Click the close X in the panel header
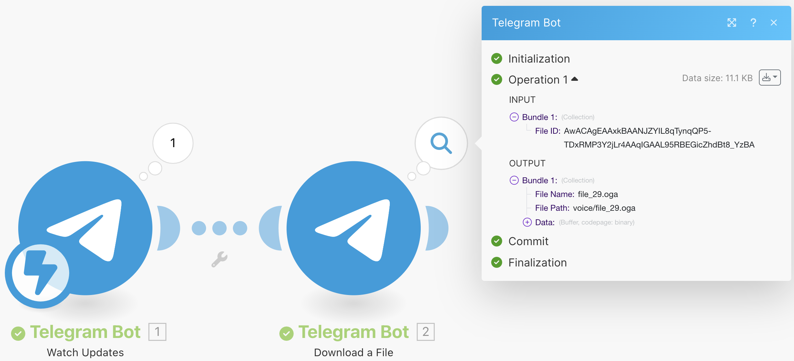774,23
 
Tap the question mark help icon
753,23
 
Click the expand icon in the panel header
732,23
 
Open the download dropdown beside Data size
770,78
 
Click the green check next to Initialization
496,58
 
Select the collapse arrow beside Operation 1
575,79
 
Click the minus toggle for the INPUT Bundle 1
514,117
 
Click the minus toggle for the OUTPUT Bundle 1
514,180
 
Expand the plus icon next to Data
527,222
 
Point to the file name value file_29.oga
598,194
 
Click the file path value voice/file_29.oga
604,208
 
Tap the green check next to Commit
496,241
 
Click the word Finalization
537,263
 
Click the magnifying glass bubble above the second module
441,143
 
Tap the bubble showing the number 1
173,143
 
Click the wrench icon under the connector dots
219,259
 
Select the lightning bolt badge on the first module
40,273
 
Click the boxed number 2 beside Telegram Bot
426,332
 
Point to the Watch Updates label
85,352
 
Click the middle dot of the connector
219,228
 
